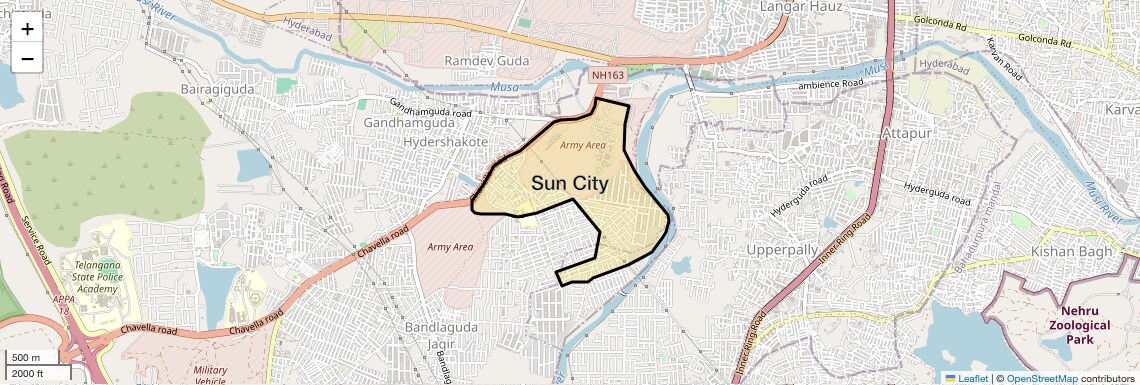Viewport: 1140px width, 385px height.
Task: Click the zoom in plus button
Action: [x=27, y=29]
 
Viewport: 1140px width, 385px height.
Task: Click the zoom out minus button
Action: [x=27, y=59]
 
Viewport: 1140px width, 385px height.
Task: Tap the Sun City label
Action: [x=569, y=183]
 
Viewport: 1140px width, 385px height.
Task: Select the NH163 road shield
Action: [x=607, y=75]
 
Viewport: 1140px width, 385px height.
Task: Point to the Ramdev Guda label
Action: [x=487, y=61]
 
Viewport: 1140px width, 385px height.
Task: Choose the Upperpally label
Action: [x=782, y=249]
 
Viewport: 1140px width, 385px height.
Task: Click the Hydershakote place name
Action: [x=446, y=142]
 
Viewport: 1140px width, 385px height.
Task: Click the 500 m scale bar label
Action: [x=26, y=358]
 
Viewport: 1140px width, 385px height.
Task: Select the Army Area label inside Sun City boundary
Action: [x=583, y=146]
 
